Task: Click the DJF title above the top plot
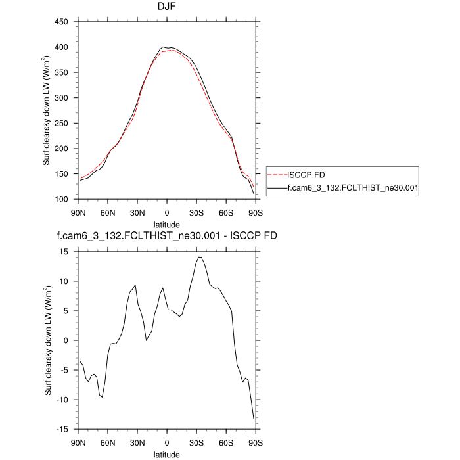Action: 166,8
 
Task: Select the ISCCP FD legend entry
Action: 306,175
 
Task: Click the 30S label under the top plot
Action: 196,212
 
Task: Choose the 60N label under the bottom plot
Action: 108,442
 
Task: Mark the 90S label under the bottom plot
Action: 255,442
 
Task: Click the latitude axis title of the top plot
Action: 166,223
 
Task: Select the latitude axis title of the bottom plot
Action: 166,453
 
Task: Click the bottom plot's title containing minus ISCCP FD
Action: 166,235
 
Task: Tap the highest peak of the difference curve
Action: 199,257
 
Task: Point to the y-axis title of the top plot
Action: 47,110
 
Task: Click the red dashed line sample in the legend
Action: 277,175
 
